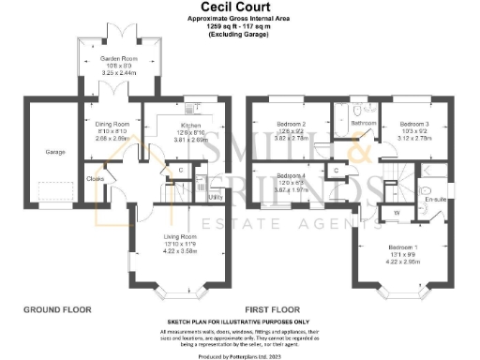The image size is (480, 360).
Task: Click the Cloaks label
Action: point(95,178)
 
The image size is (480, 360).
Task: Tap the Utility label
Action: point(215,197)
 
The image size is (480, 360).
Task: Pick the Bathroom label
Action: point(364,123)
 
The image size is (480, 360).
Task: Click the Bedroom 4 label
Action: point(292,175)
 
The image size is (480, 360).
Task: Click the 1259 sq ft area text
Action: point(239,26)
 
